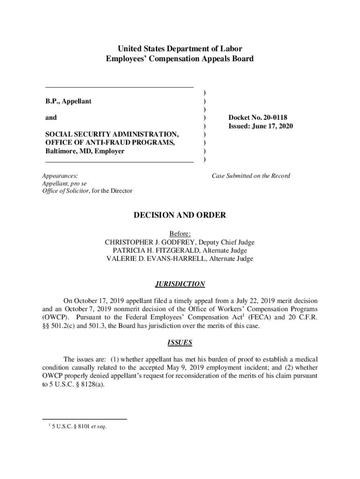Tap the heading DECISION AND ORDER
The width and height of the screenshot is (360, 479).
click(180, 215)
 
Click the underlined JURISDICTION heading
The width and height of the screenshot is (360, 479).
click(180, 284)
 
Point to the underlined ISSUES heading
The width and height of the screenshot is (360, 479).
click(180, 343)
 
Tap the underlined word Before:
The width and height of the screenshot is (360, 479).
click(180, 234)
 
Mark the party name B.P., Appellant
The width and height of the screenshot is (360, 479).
click(68, 101)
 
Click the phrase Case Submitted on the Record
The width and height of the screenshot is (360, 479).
click(251, 176)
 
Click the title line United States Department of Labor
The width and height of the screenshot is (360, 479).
click(180, 49)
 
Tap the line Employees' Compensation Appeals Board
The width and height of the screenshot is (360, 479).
click(180, 59)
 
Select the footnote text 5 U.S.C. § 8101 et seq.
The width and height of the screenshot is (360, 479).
click(79, 426)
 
